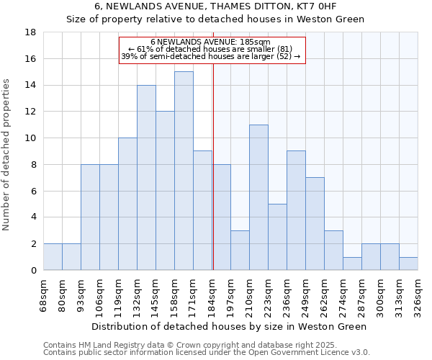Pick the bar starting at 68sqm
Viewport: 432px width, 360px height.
(53, 257)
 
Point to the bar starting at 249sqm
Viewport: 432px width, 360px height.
(315, 224)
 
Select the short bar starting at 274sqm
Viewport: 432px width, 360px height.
(352, 264)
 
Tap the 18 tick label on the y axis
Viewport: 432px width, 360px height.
(31, 32)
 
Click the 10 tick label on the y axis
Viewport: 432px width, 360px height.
(31, 138)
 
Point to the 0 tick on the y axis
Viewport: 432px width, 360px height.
(34, 271)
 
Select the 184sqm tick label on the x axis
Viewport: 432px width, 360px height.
(212, 294)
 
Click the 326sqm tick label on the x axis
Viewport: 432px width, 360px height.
(418, 294)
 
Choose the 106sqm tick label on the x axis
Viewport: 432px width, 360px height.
(100, 294)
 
